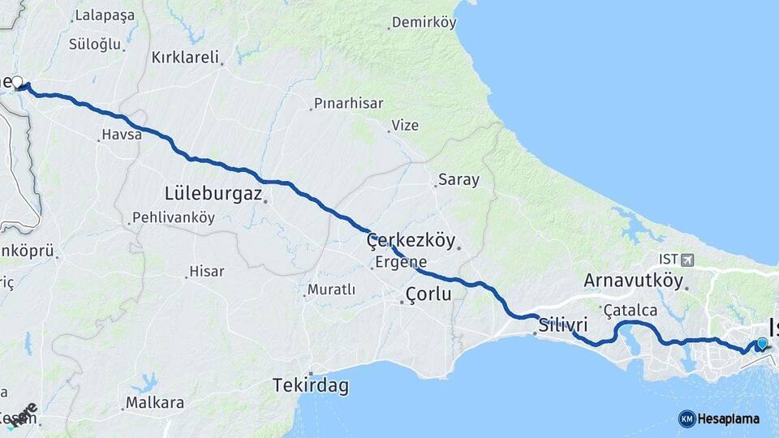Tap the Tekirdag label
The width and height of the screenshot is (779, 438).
(311, 386)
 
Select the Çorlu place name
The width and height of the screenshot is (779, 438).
(428, 294)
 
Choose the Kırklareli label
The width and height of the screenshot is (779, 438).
(186, 58)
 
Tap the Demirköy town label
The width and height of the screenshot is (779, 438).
(424, 23)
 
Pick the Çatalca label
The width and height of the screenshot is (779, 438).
(631, 310)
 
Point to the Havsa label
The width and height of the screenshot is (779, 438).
(122, 135)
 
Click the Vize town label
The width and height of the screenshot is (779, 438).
(405, 125)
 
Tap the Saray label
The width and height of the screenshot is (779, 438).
(458, 180)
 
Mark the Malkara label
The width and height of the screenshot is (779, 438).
(154, 403)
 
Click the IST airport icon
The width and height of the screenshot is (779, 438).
(689, 260)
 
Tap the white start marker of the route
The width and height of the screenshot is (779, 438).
(17, 81)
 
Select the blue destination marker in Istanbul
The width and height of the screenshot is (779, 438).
(762, 343)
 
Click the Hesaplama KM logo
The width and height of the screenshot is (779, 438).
(719, 419)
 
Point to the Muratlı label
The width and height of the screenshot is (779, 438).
(331, 290)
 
